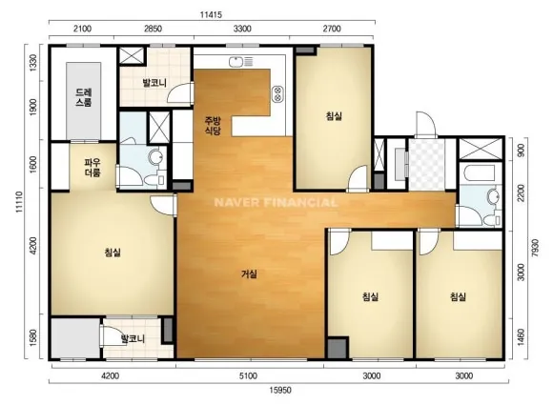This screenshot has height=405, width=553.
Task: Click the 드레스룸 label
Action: point(84,97)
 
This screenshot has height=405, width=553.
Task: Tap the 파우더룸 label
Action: point(92,168)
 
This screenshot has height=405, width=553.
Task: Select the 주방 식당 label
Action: point(213,126)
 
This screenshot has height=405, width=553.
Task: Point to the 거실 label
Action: point(249,273)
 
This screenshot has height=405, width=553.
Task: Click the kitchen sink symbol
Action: point(240,62)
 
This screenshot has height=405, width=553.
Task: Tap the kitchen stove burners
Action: point(277,93)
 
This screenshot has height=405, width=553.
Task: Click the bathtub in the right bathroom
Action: point(481,172)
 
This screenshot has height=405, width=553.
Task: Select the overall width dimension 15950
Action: point(280,390)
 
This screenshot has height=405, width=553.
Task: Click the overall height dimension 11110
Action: point(19,202)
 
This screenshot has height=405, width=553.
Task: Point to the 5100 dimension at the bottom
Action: point(248,376)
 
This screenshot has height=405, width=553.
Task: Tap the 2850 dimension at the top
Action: point(153,29)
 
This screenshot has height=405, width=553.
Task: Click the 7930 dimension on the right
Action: point(535,248)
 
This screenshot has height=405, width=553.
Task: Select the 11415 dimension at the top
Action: point(211,15)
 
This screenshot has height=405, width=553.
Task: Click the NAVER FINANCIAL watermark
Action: point(276,202)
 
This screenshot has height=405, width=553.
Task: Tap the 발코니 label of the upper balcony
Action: point(154,83)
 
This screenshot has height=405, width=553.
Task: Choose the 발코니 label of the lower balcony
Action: point(133,339)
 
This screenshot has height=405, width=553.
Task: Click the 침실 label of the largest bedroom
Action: point(113,253)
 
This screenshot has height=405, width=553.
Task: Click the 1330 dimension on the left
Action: point(33,63)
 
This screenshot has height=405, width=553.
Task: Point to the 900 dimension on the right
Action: point(521,151)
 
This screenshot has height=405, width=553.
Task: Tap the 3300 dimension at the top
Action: point(242,29)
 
